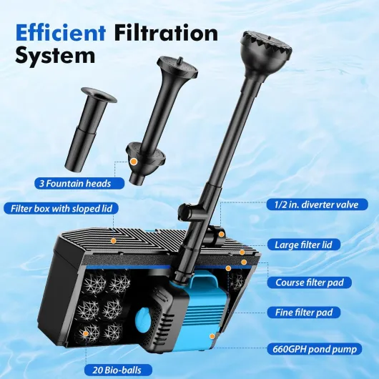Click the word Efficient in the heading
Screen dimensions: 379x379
tap(61, 33)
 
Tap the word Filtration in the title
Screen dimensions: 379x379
tap(167, 33)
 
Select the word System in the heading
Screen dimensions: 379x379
tap(55, 55)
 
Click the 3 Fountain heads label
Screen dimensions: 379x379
tap(79, 184)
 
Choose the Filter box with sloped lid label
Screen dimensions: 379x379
tap(61, 208)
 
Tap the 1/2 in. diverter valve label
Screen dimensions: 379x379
tap(318, 205)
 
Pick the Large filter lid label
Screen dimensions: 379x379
tap(304, 245)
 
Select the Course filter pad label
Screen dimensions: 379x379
tap(310, 282)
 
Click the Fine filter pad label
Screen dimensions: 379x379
tap(304, 312)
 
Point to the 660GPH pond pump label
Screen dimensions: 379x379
tap(315, 349)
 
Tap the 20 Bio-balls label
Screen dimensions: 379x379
tap(117, 370)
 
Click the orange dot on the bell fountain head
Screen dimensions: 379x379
tap(133, 161)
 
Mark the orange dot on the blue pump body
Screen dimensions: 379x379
tap(212, 336)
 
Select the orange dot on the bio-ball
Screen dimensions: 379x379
tap(85, 333)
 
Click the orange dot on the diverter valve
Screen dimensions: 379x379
tap(221, 234)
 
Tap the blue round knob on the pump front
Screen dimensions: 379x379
tap(144, 320)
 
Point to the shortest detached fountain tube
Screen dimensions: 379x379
tap(89, 128)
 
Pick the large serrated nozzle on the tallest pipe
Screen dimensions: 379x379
tap(266, 51)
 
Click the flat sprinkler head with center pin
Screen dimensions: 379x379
tap(177, 67)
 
